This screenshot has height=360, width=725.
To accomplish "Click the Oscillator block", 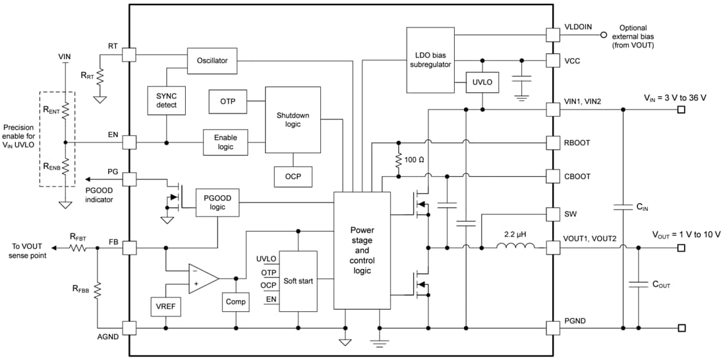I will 212,61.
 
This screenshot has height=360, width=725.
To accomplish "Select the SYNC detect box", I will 166,100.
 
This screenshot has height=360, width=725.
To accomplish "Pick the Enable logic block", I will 226,142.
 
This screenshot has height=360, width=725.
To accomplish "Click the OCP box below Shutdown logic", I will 293,177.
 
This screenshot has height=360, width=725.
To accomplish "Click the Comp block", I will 235,302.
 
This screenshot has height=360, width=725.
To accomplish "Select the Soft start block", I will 298,281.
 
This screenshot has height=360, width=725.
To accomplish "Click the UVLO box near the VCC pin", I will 482,84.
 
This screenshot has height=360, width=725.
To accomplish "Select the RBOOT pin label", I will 578,142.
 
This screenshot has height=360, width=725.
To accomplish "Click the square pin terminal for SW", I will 552,214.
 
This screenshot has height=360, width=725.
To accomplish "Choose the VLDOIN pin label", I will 578,27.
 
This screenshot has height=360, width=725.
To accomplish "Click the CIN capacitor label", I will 643,207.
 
